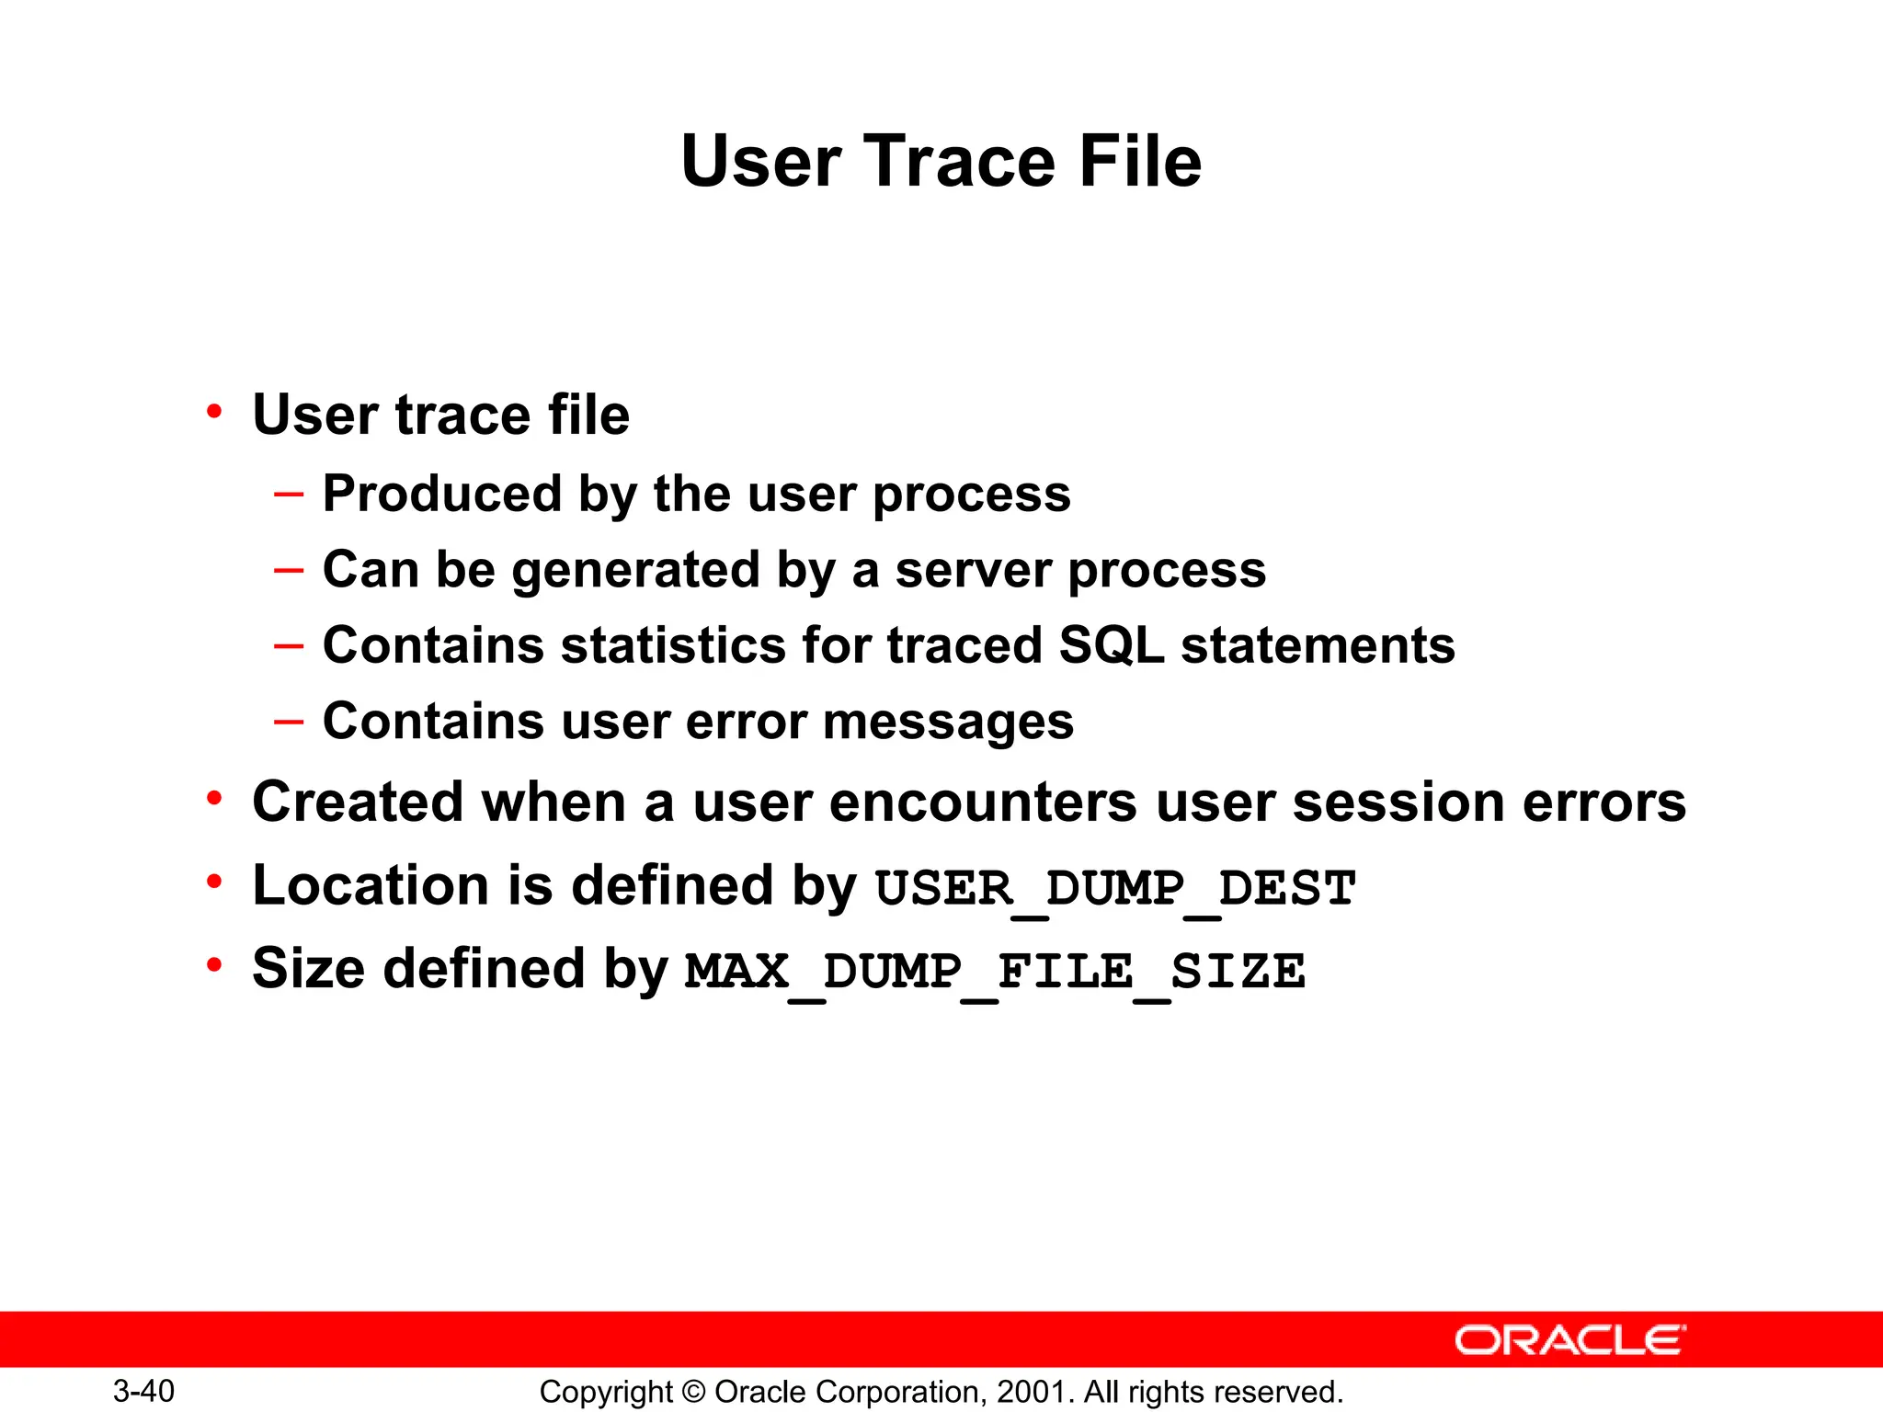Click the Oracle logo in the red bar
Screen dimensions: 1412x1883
1569,1340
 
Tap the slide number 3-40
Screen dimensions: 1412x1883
143,1391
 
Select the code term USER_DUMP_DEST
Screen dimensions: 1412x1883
1114,889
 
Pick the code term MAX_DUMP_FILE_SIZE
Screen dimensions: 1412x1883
995,972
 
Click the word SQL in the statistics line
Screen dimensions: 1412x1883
1111,645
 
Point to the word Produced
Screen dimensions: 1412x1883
441,495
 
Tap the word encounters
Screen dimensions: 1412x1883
984,803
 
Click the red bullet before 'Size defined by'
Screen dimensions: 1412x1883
214,966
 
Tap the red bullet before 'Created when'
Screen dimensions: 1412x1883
214,799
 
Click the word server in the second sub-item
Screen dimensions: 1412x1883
974,570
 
